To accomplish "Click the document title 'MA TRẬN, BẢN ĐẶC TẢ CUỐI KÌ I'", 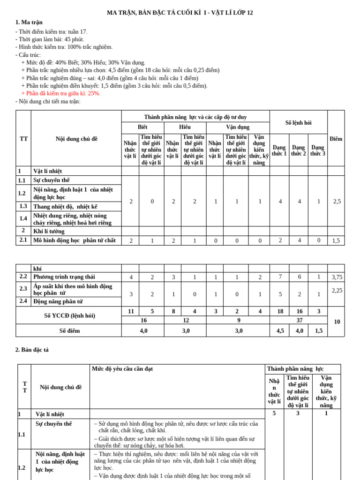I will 180,13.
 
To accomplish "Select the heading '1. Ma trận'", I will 29,22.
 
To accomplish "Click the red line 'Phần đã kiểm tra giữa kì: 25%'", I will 60,93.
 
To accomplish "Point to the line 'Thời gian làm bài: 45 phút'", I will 50,39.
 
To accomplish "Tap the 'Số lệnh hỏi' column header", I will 298,123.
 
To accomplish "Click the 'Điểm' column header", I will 336,139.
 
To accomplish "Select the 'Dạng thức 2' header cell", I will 298,150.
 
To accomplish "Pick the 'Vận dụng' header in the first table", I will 238,127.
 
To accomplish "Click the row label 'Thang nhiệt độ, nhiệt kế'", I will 65,207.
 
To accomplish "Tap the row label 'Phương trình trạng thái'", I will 64,277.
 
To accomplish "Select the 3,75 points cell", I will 337,277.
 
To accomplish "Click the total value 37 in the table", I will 299,320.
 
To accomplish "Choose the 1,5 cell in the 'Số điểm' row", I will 318,331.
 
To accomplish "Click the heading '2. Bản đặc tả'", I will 32,350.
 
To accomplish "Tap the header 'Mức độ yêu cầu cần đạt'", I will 122,369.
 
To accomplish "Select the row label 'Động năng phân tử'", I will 58,301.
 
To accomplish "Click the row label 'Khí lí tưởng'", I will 49,231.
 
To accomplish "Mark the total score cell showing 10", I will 337,322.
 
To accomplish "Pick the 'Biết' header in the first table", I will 142,127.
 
